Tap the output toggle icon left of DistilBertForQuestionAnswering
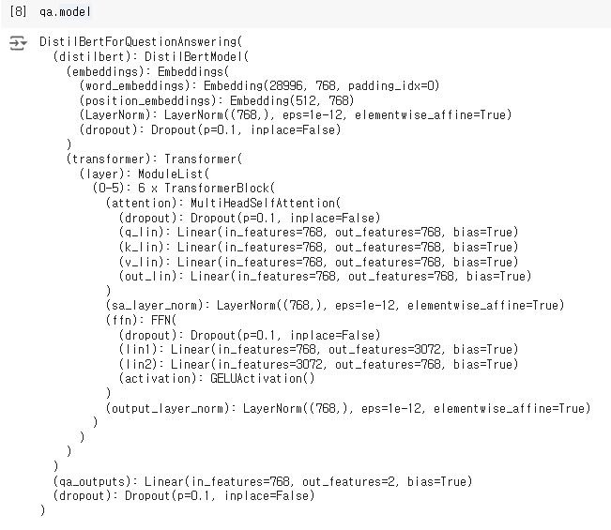pos(17,43)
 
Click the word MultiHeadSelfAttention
pos(263,203)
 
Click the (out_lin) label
pos(149,276)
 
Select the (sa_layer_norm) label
pos(156,305)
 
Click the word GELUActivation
pos(264,378)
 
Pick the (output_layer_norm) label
pos(169,408)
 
